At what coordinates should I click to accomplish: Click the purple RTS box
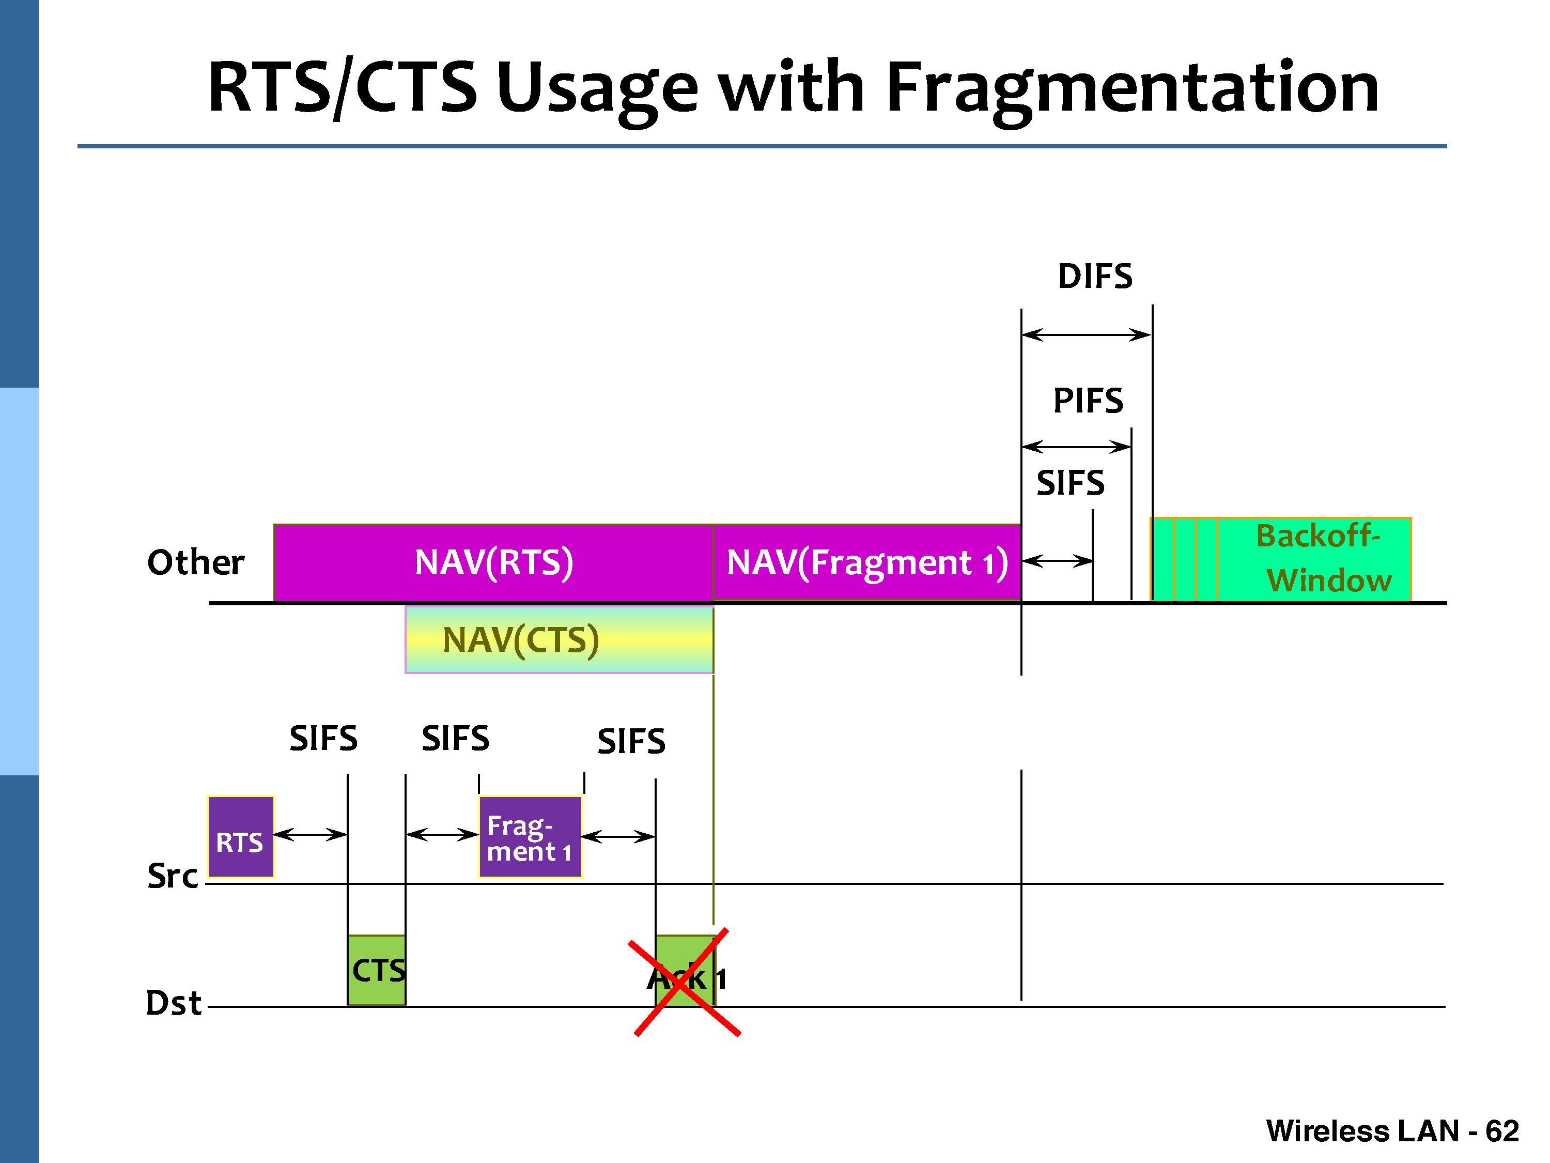pos(240,836)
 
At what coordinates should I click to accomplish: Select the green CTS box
pos(376,970)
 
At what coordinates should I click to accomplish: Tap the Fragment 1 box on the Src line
pos(531,836)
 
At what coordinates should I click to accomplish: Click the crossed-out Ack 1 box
pos(685,971)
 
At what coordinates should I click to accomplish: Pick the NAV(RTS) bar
pos(493,562)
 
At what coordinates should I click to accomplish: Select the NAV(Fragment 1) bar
pos(867,562)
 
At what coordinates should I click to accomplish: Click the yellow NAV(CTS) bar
pos(559,639)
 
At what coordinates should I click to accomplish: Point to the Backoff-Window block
pos(1281,559)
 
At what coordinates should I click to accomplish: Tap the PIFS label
pos(1088,401)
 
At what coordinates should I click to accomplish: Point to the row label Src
pos(173,876)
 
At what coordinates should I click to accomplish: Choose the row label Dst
pos(173,1003)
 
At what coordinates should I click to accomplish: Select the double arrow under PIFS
pos(1076,447)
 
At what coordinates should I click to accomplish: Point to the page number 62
pos(1501,1131)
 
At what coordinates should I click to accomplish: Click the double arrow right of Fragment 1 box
pos(618,836)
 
